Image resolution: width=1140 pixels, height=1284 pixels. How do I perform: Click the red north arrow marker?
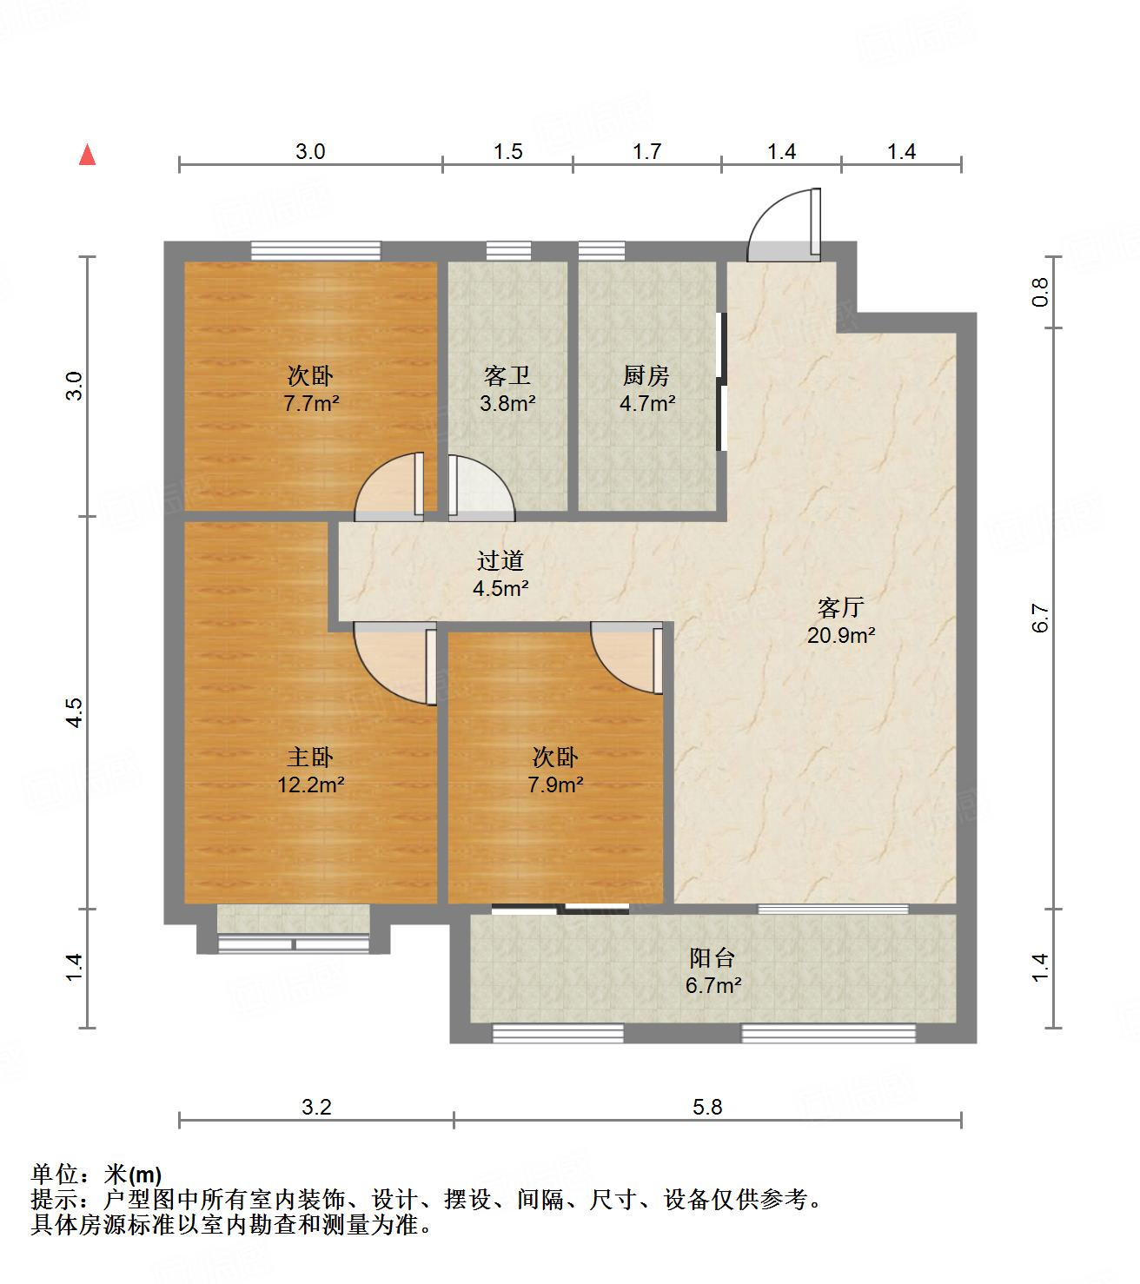click(x=87, y=156)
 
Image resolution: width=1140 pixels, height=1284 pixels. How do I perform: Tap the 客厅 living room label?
click(x=840, y=606)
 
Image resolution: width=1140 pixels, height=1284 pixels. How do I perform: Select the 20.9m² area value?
click(x=840, y=635)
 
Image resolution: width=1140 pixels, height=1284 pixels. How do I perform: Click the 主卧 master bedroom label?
click(x=310, y=758)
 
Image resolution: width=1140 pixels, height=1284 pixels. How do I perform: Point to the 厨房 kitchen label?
click(x=646, y=376)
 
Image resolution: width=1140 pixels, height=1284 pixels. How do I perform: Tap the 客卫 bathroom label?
click(x=507, y=376)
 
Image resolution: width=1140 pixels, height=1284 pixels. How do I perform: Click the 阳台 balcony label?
click(x=713, y=957)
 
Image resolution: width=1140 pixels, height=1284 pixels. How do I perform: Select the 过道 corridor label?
click(x=500, y=561)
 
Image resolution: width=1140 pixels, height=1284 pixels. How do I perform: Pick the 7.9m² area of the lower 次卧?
click(x=555, y=784)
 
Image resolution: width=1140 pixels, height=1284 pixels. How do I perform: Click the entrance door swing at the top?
click(x=782, y=228)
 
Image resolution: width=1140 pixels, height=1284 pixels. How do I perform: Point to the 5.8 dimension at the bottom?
click(x=707, y=1106)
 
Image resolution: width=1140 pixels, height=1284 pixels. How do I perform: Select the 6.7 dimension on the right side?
click(x=1041, y=618)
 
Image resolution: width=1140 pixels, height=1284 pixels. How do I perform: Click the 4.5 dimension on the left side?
click(x=75, y=712)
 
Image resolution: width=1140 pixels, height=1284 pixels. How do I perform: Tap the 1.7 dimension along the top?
click(x=646, y=152)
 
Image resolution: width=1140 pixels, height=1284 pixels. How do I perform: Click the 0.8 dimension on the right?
click(x=1041, y=292)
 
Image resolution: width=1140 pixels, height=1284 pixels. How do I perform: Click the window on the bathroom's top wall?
click(x=507, y=250)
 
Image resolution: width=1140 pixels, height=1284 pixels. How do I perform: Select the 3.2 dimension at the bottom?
click(x=316, y=1106)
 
